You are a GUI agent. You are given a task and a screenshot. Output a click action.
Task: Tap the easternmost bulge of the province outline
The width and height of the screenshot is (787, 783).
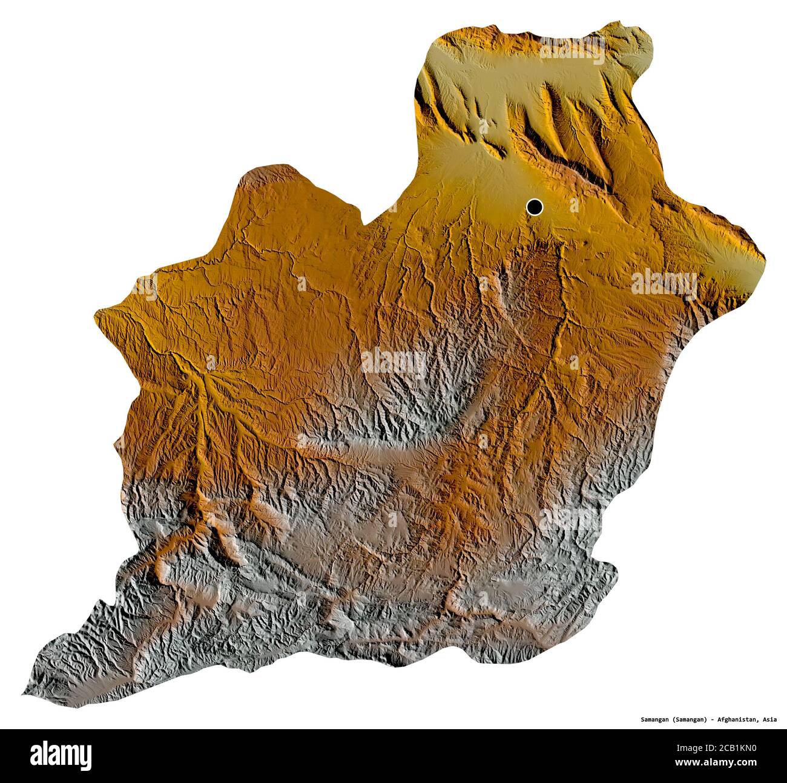[x=763, y=260]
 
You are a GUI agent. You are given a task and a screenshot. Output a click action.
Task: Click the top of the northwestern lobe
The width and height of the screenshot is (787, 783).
[x=272, y=167]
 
